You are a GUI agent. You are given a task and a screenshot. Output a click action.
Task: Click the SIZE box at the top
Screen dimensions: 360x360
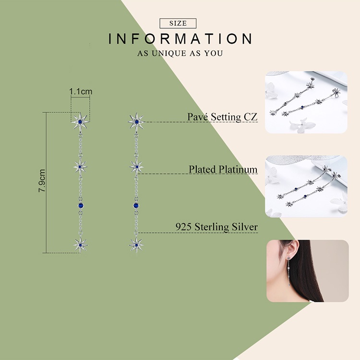178,24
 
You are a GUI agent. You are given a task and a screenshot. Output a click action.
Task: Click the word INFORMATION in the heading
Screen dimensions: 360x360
180,38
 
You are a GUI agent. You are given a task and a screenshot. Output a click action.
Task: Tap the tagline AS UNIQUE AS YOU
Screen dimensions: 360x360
180,53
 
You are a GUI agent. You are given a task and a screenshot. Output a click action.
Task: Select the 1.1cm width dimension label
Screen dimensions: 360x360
81,91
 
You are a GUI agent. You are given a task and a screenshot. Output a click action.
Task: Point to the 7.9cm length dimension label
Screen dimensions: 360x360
42,180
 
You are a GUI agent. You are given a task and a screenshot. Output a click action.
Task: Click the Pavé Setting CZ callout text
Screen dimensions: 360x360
222,117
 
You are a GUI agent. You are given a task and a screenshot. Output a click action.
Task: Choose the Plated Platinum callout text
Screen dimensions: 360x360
223,169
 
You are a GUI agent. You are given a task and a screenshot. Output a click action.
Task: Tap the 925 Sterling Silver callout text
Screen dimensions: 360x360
216,227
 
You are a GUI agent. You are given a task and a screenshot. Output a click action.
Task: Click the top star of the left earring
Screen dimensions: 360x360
80,122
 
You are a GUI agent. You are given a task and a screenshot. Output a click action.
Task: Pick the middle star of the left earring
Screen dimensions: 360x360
80,167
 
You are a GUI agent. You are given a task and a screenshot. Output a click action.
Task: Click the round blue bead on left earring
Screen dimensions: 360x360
81,205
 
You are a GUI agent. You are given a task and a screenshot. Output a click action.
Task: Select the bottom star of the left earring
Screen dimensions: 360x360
80,245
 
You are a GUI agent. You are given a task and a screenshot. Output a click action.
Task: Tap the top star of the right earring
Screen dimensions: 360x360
137,122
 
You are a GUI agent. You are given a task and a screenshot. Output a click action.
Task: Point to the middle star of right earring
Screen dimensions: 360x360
137,167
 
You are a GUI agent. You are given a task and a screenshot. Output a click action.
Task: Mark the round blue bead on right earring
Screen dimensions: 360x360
136,205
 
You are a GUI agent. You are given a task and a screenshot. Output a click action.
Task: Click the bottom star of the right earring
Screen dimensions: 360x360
136,245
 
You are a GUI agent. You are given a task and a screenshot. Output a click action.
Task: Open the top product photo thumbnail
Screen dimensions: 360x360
306,102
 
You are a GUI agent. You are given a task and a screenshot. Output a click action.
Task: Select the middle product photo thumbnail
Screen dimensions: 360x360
306,186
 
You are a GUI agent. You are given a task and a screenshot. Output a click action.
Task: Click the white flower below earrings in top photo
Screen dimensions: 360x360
301,125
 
